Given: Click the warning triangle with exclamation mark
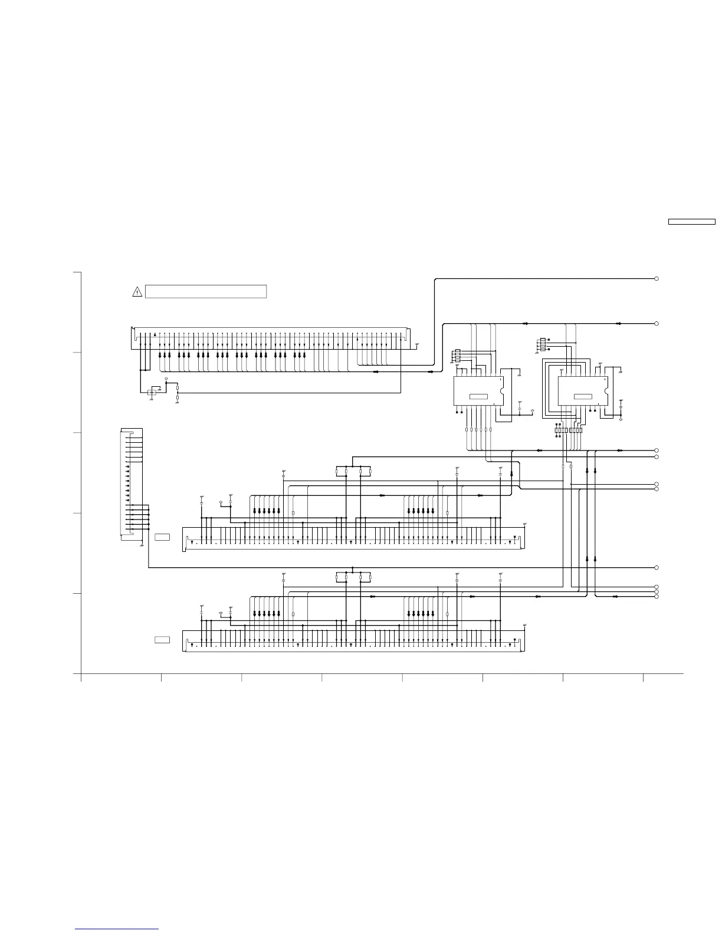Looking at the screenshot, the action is (137, 291).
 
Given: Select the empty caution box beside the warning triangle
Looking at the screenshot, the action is (206, 291).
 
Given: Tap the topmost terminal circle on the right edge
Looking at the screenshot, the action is (656, 278).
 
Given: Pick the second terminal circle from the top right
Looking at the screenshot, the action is (656, 324).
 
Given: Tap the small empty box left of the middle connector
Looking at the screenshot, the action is (162, 537).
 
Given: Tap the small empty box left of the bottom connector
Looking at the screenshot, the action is (162, 640).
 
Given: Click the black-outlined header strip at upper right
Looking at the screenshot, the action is (691, 222).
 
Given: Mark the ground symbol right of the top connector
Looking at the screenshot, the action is (418, 344).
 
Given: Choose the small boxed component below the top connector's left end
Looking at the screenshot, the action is (153, 393).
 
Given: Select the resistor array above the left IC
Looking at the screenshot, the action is (457, 356).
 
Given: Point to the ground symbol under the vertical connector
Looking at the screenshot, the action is (142, 545).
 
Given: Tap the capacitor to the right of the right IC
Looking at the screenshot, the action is (622, 407).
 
